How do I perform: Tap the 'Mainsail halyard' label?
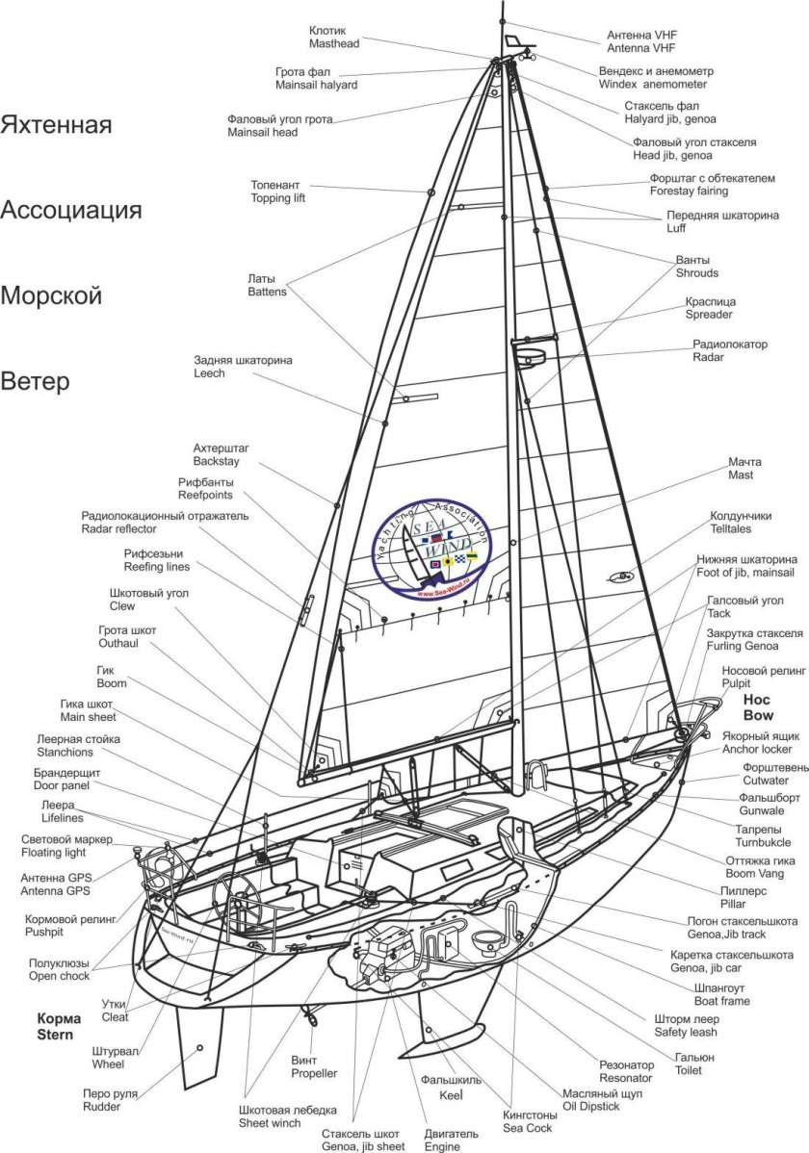[316, 85]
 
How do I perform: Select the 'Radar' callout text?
[709, 357]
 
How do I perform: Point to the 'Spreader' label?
[709, 315]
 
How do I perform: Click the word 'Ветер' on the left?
[35, 381]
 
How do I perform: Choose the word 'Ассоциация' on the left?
[71, 210]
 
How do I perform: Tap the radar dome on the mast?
[529, 357]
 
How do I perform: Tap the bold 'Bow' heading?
[758, 716]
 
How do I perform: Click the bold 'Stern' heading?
[60, 1034]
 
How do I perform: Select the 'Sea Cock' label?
[527, 1127]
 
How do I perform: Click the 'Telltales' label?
[731, 529]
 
